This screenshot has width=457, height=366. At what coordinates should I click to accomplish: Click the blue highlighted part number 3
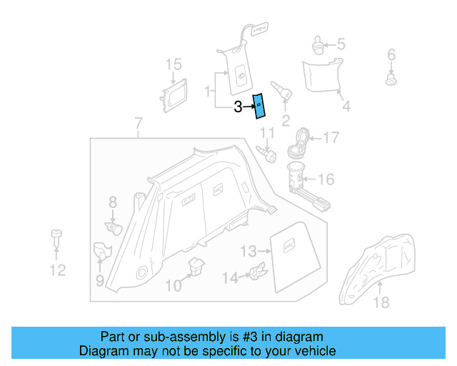(259, 106)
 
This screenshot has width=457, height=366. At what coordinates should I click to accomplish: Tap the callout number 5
(341, 44)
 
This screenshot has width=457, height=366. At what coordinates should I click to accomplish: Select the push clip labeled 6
(391, 79)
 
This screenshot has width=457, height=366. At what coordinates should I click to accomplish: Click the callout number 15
(174, 65)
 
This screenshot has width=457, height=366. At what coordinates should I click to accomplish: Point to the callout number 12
(57, 269)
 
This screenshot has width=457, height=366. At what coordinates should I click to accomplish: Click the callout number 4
(346, 107)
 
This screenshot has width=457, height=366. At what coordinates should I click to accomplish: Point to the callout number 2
(286, 120)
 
